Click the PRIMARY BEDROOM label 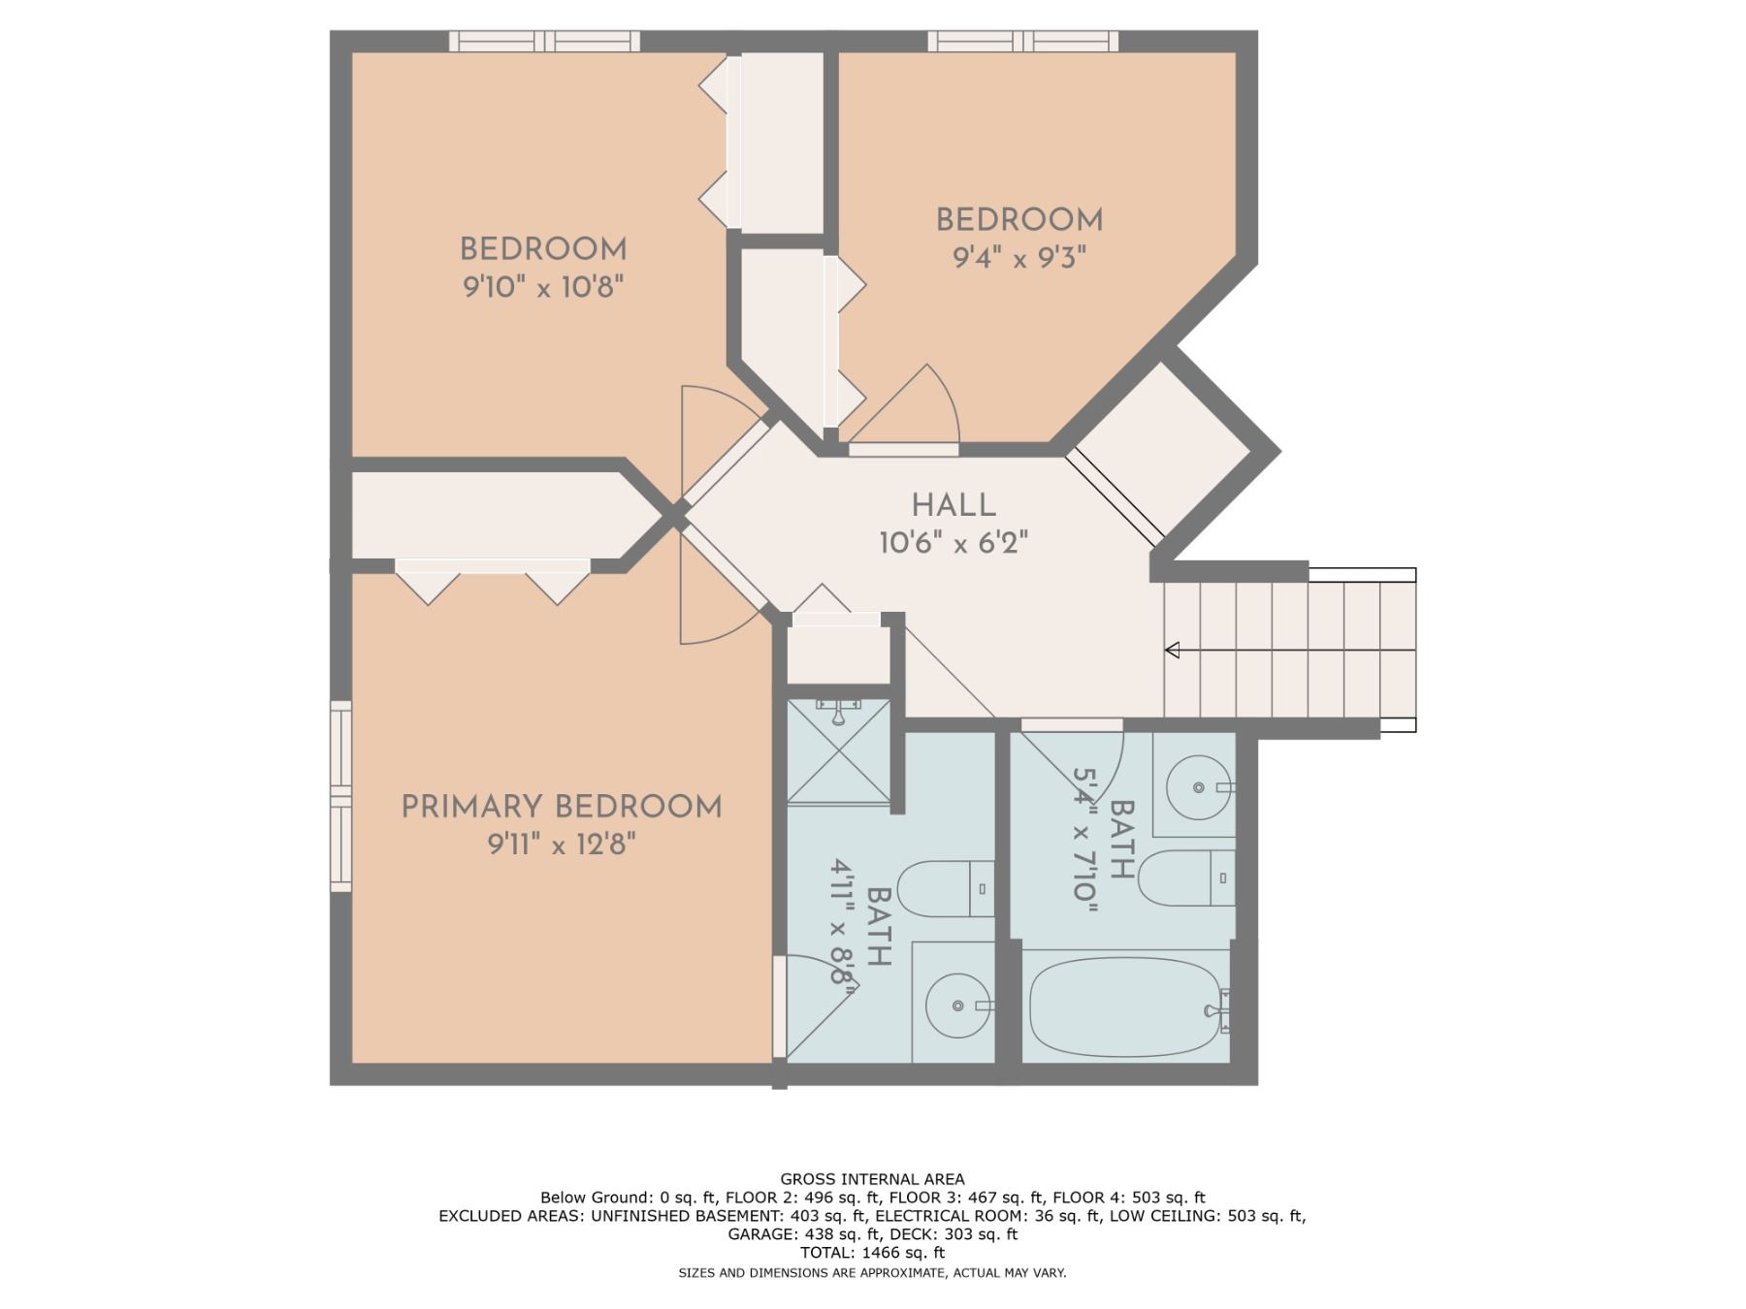562,807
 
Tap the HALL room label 954,505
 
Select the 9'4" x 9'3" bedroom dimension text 1019,258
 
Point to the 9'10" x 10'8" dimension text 543,287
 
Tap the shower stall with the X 838,751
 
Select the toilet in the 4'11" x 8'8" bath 946,888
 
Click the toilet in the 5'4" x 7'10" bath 1186,878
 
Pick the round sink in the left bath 958,1006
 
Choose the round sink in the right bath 1199,788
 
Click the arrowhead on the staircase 1172,650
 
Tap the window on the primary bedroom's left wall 340,796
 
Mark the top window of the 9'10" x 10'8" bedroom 544,41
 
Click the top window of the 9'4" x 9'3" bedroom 1023,41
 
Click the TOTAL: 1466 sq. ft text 872,1253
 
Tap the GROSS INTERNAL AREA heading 872,1179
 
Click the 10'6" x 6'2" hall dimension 954,543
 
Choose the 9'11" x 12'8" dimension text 562,845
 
